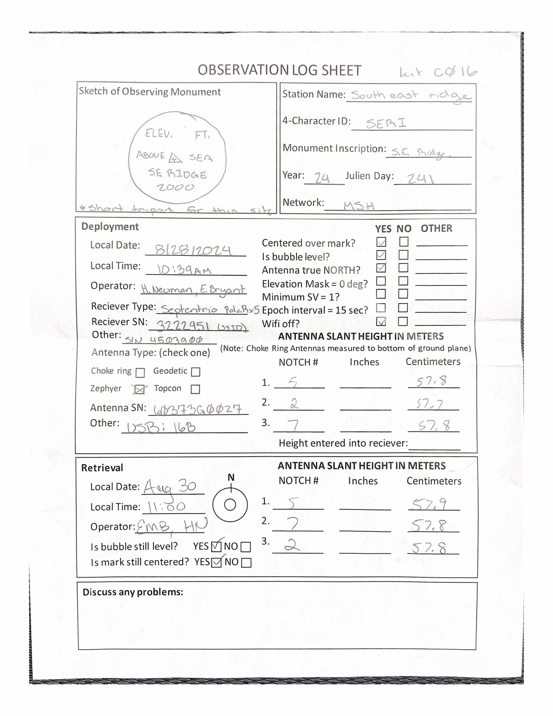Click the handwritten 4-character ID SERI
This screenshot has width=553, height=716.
tap(386, 123)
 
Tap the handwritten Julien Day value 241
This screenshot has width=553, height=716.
tap(420, 179)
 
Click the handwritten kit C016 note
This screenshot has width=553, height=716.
tap(438, 72)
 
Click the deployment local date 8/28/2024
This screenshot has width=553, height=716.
tap(193, 250)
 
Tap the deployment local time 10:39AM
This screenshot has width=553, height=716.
tap(184, 270)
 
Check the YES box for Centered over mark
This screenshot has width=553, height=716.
tap(381, 242)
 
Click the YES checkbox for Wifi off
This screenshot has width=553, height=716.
tap(381, 322)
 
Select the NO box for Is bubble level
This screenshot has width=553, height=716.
tap(403, 255)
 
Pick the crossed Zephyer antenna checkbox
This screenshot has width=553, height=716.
tap(140, 389)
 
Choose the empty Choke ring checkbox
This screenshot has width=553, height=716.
tap(140, 373)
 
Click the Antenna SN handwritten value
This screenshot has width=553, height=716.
tap(197, 409)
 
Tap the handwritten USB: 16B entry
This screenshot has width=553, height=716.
tap(161, 428)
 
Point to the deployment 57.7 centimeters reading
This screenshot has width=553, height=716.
tap(430, 404)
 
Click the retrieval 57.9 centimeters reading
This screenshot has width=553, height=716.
tap(429, 504)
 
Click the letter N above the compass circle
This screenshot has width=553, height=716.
tap(231, 478)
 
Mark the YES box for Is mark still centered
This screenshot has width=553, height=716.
tap(216, 563)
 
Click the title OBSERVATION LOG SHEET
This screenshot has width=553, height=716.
tap(279, 71)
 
